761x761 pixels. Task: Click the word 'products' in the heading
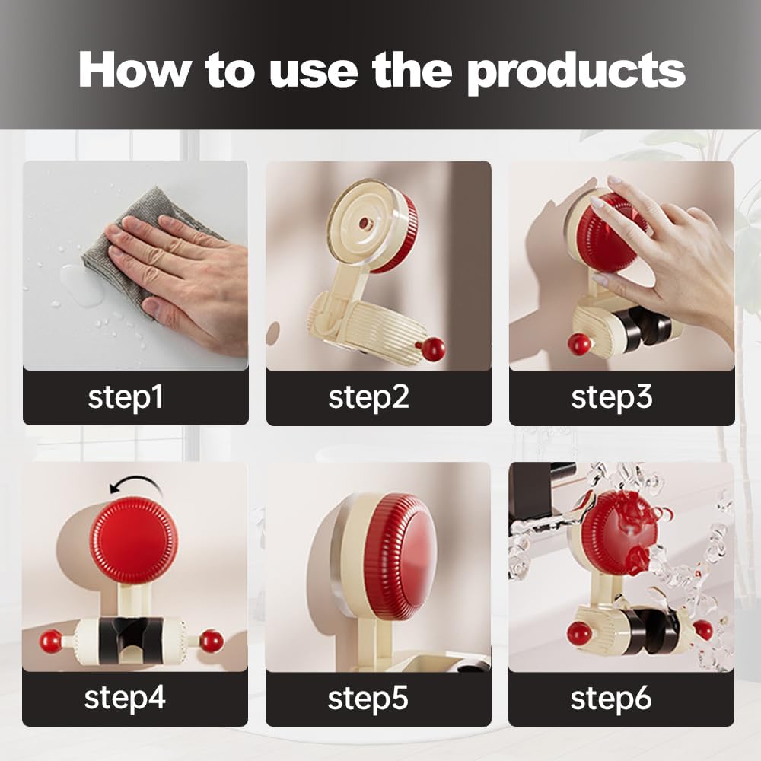pyautogui.click(x=576, y=72)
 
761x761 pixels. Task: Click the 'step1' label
pyautogui.click(x=126, y=398)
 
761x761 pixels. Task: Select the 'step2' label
pyautogui.click(x=368, y=398)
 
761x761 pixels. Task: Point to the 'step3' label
pyautogui.click(x=612, y=398)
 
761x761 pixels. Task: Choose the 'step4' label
pyautogui.click(x=125, y=699)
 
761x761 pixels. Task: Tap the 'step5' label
pyautogui.click(x=368, y=699)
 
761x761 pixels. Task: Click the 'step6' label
pyautogui.click(x=610, y=699)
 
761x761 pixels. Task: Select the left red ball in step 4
pyautogui.click(x=50, y=642)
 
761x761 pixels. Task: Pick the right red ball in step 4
pyautogui.click(x=212, y=641)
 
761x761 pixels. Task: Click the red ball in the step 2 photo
pyautogui.click(x=432, y=349)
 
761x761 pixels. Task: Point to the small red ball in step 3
pyautogui.click(x=579, y=344)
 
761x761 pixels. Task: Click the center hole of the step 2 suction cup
pyautogui.click(x=363, y=224)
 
